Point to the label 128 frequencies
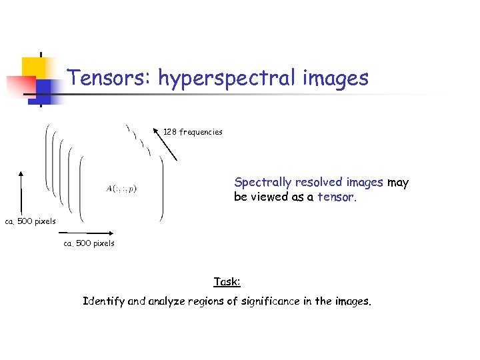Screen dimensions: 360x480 point(193,132)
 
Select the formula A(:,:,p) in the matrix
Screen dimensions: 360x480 point(121,189)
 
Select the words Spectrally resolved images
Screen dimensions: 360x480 point(308,182)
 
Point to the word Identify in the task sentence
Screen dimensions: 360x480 point(103,301)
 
